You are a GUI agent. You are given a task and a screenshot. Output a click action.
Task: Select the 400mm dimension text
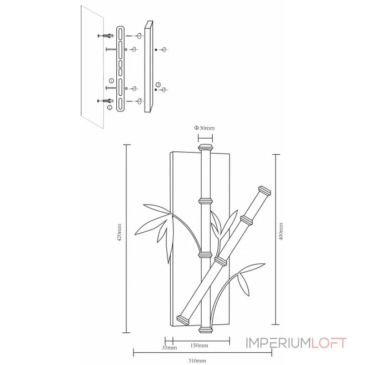[281, 232]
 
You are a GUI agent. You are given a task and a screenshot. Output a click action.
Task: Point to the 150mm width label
[200, 345]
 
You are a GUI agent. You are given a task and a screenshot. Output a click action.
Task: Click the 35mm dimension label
[169, 348]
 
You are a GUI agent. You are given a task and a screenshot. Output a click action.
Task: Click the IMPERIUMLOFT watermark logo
[296, 343]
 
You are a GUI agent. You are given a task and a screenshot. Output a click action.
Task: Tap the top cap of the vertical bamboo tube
[205, 148]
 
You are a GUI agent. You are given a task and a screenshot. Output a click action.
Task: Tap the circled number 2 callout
[109, 107]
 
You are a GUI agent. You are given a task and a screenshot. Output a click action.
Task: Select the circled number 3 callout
[158, 84]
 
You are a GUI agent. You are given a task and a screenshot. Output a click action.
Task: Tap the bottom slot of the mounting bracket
[120, 102]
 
